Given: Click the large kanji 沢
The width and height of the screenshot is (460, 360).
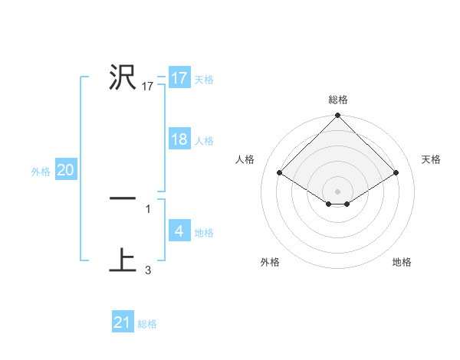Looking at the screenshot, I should [x=123, y=77].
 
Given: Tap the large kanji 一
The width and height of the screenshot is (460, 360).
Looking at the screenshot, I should [x=123, y=198].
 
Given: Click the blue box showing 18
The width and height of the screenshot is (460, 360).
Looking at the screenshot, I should [x=179, y=139].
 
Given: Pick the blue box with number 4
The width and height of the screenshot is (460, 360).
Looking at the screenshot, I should [x=179, y=231].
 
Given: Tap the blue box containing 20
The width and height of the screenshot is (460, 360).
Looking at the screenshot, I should [x=65, y=170].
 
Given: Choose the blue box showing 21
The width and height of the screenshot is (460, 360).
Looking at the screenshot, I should [x=123, y=322].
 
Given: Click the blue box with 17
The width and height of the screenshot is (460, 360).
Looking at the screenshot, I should [x=179, y=78].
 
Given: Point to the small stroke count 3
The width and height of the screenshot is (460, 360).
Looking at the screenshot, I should [x=148, y=270].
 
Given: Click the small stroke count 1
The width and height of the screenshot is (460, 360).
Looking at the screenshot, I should [x=148, y=208].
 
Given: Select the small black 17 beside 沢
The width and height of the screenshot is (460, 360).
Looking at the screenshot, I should [x=148, y=87].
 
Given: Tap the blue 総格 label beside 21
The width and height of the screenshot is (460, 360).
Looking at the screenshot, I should [x=147, y=324].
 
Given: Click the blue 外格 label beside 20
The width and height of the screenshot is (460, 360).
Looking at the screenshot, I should [x=41, y=172].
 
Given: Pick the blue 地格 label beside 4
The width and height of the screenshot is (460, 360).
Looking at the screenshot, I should [x=204, y=233].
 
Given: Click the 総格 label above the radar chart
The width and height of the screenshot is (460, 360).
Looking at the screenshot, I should [x=338, y=100].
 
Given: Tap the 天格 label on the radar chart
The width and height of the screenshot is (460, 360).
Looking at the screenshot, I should [x=431, y=159].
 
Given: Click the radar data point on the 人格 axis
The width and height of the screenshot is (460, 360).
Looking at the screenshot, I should [x=280, y=173].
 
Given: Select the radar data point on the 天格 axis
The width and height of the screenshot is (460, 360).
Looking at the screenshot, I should [x=396, y=173].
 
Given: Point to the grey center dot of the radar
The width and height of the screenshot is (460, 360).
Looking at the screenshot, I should [x=338, y=191].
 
